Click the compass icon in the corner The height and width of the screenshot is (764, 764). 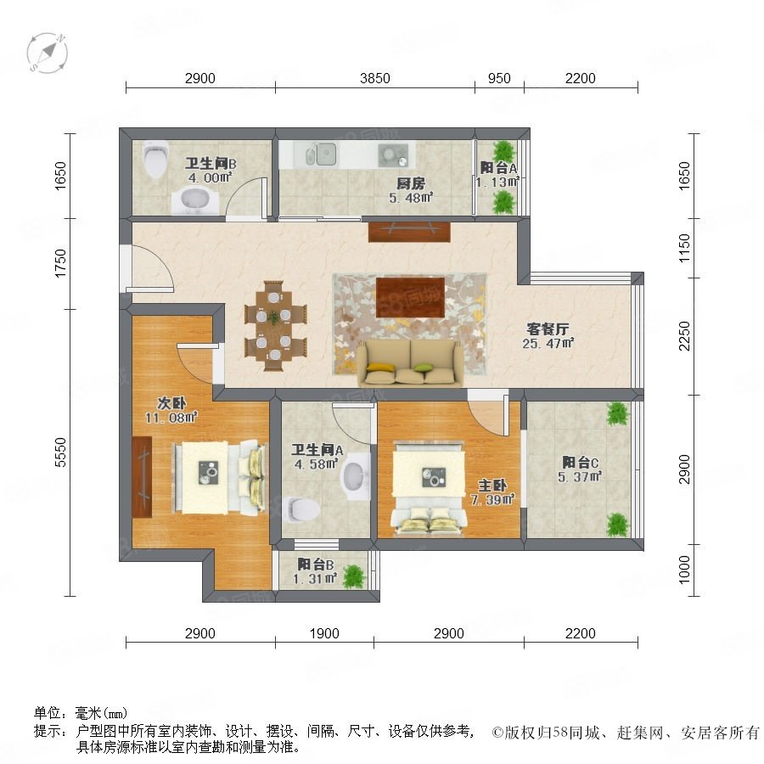point(48,53)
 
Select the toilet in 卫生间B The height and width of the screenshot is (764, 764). point(155,159)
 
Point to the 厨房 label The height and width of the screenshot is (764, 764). point(411,183)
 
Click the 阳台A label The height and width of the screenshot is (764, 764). point(498,168)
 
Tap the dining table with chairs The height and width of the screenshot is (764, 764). point(275,325)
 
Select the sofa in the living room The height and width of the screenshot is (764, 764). point(411,363)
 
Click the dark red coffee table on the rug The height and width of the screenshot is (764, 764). point(410,297)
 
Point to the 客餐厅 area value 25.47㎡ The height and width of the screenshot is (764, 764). point(548,344)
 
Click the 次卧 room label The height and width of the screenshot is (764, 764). point(171,403)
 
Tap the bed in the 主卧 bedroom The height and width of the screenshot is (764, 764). point(429,486)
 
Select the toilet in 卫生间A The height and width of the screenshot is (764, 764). point(301,509)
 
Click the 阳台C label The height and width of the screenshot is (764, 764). point(580,462)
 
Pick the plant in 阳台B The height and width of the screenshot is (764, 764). point(354,576)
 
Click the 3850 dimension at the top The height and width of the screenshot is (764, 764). point(374,78)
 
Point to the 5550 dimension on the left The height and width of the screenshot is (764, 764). point(60,452)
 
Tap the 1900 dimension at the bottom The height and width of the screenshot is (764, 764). point(324,633)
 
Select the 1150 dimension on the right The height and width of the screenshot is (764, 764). point(684,248)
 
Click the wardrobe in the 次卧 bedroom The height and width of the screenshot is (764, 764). point(143,476)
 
